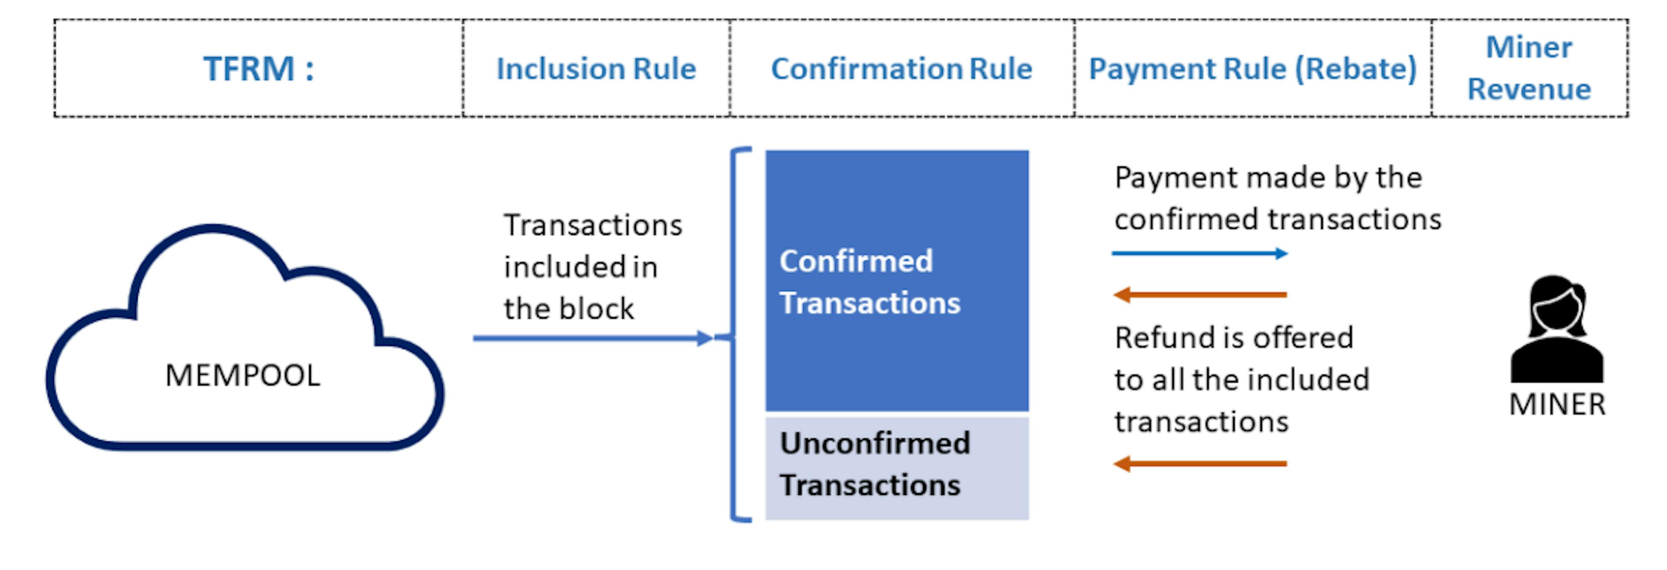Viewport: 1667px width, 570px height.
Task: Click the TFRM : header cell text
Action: tap(259, 69)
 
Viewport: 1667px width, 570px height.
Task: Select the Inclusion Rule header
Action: tap(595, 69)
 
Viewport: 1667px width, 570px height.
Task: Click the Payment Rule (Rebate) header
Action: tap(1252, 69)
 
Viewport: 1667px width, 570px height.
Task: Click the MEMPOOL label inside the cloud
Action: tap(243, 375)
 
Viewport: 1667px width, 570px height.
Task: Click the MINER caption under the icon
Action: tap(1557, 405)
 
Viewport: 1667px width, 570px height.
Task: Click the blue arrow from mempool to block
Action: tap(589, 338)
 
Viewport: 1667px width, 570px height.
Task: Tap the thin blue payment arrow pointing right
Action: tap(1199, 253)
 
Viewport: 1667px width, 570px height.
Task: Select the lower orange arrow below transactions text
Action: tap(1199, 463)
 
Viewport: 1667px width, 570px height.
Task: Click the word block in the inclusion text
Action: tap(596, 309)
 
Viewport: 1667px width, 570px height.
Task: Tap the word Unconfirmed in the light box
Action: tap(874, 444)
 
